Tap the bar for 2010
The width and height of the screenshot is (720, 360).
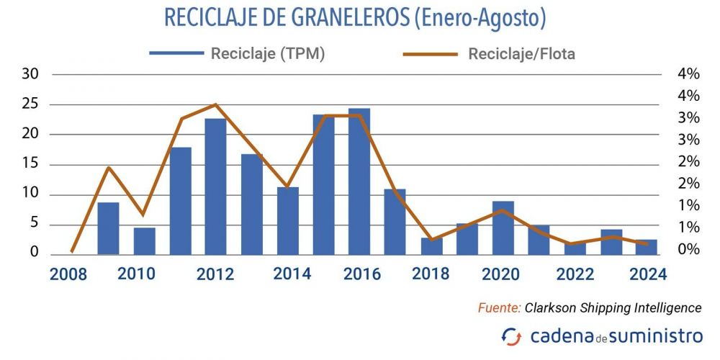[144, 241]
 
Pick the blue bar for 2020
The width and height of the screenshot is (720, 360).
[503, 228]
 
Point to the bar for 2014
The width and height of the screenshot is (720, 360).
[287, 220]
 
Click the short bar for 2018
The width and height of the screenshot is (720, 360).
[431, 246]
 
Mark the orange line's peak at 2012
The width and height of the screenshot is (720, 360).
[215, 104]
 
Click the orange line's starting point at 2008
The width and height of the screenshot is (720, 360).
[72, 251]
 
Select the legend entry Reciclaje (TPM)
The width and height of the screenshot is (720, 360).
[237, 54]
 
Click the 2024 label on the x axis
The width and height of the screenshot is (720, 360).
[647, 274]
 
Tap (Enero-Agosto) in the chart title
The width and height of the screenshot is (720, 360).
[480, 18]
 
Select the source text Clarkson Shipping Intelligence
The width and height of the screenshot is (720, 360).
[613, 307]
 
